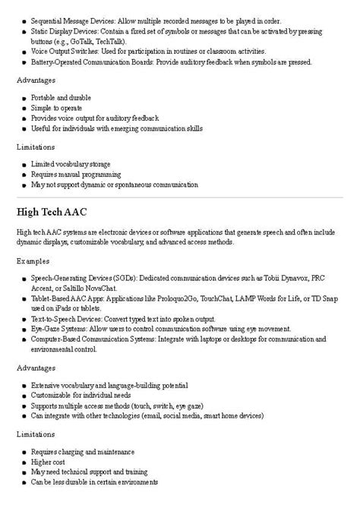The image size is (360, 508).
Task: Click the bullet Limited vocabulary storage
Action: click(71, 164)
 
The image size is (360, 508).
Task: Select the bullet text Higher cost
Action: click(52, 462)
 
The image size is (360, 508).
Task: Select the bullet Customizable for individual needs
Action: click(81, 396)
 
